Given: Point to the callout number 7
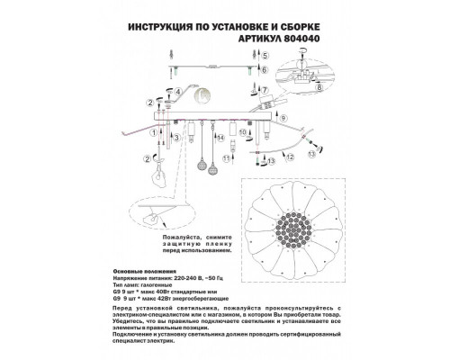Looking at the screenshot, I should click(265, 90).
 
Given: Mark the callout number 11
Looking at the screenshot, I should click(267, 163).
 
